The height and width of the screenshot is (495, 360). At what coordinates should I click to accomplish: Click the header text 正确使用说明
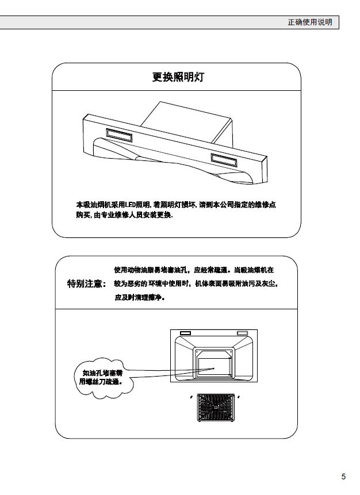pos(310,22)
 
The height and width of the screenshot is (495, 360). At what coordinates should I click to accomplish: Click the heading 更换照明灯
pos(178,77)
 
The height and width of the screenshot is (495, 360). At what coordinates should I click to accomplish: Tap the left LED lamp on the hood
pos(119,135)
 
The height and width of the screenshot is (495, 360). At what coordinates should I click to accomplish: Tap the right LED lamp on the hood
pos(224,160)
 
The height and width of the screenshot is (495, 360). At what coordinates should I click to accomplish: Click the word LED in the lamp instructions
pos(130,205)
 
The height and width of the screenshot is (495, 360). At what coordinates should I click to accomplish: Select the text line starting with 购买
pos(124,215)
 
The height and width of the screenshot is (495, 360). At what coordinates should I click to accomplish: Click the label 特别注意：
pos(86,283)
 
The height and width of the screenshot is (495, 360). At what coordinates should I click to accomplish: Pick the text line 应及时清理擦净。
pos(140,297)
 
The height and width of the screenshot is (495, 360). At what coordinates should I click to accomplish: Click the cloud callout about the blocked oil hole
pos(104,378)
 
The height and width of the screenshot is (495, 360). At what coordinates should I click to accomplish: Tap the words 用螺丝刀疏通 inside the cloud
pos(101,382)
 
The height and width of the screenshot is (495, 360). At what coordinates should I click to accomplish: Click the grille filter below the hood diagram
pos(216,407)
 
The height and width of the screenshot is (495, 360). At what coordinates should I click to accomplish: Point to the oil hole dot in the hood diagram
pos(213,369)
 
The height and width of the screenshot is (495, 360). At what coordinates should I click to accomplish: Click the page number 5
pos(343,477)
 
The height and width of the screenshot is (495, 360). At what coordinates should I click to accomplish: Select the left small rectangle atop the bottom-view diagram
pos(185,333)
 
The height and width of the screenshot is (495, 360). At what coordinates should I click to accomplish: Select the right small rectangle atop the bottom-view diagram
pos(242,333)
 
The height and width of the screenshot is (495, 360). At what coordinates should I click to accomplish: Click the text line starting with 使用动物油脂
pos(194,270)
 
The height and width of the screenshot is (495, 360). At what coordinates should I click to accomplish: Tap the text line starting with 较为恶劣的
pos(196,283)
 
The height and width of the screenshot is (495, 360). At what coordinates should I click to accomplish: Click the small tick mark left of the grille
pos(191,397)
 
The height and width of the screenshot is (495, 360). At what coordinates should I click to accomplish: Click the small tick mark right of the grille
pos(239,397)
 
